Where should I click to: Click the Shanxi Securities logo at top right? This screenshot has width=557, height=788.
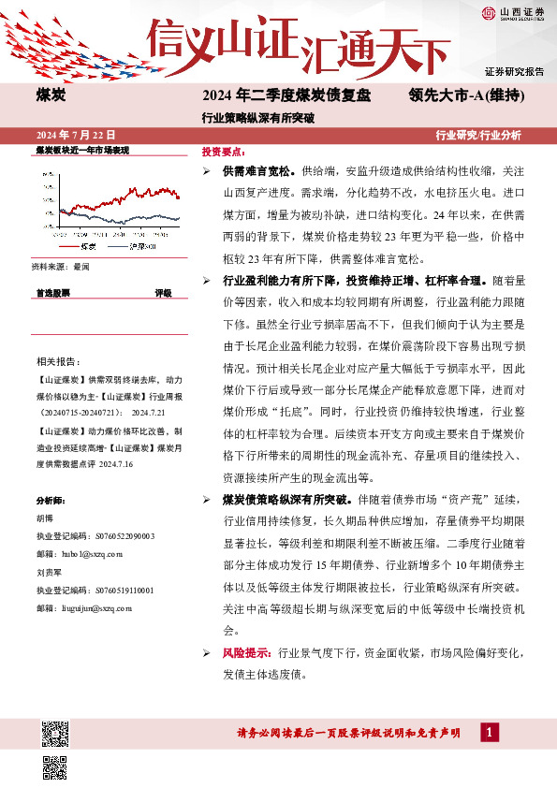point(513,12)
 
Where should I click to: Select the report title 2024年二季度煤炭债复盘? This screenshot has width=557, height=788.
point(286,95)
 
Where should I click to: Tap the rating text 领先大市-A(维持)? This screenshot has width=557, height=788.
point(466,95)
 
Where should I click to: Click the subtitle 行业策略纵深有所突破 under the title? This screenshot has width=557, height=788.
point(257,119)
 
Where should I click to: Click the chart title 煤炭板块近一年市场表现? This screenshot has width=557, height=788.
point(81,150)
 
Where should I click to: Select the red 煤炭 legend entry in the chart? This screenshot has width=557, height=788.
point(88,246)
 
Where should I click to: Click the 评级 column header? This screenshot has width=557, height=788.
point(163,293)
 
